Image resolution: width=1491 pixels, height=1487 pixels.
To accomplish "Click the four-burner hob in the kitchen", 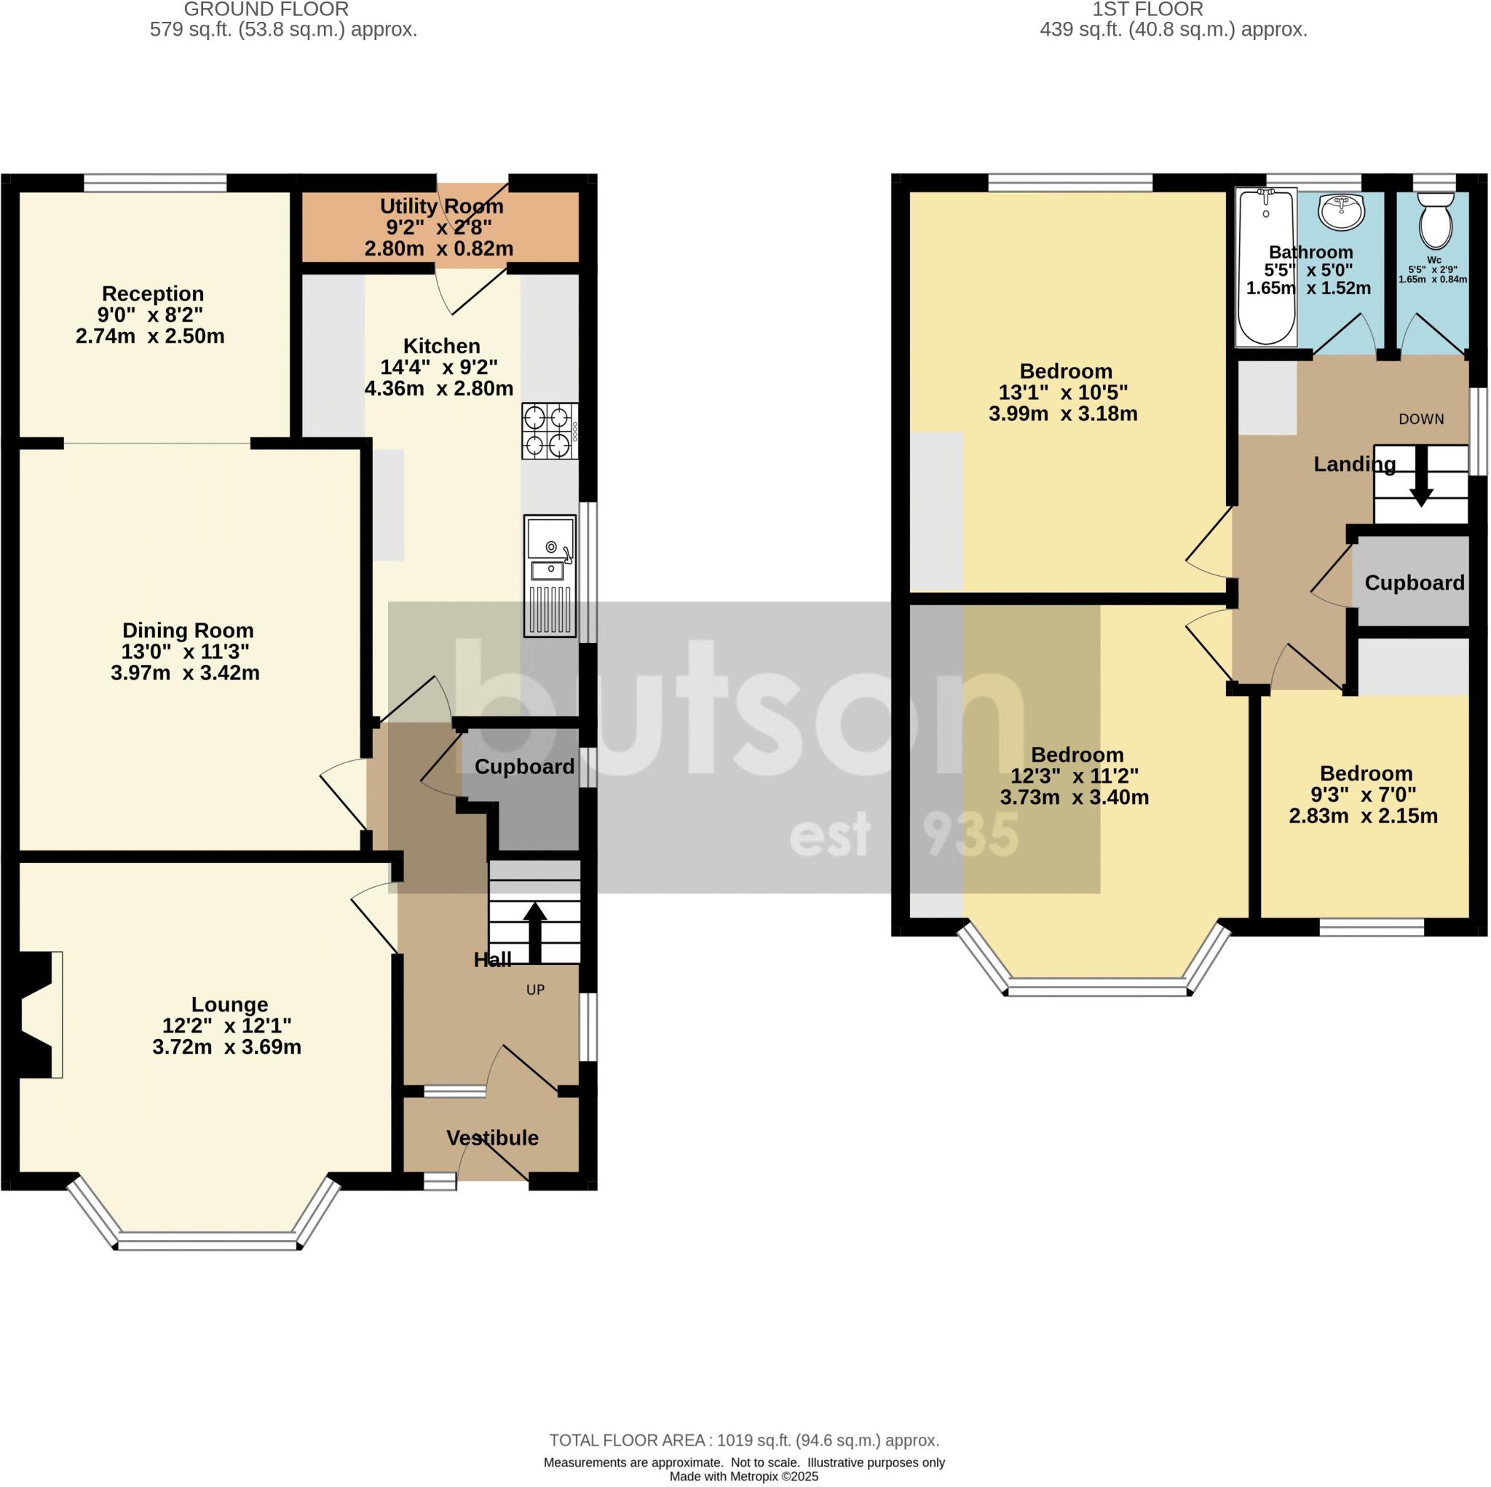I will point(550,431).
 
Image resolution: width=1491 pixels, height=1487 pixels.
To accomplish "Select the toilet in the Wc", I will point(1435,219).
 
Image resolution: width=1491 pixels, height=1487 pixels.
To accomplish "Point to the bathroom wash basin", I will point(1341,210).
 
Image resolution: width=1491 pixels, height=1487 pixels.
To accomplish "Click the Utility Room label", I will point(441,206).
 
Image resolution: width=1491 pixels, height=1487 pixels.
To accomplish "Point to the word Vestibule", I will point(492,1137).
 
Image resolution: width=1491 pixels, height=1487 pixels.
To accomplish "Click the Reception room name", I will point(153,293).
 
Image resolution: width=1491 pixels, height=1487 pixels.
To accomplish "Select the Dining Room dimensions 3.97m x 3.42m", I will point(185,672).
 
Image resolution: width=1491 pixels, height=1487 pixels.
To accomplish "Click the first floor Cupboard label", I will point(1414,583).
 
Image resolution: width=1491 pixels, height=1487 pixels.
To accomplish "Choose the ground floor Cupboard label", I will point(524,767).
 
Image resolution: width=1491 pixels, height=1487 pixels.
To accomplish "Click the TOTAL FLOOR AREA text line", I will point(744,1440).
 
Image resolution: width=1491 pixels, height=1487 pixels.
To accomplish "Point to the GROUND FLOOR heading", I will point(266,9).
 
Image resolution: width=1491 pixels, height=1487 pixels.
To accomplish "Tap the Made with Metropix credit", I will point(744,1476).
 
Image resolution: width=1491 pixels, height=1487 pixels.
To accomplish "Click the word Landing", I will point(1354,464).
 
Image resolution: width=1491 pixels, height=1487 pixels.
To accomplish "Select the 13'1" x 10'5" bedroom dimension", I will point(1066,393).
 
